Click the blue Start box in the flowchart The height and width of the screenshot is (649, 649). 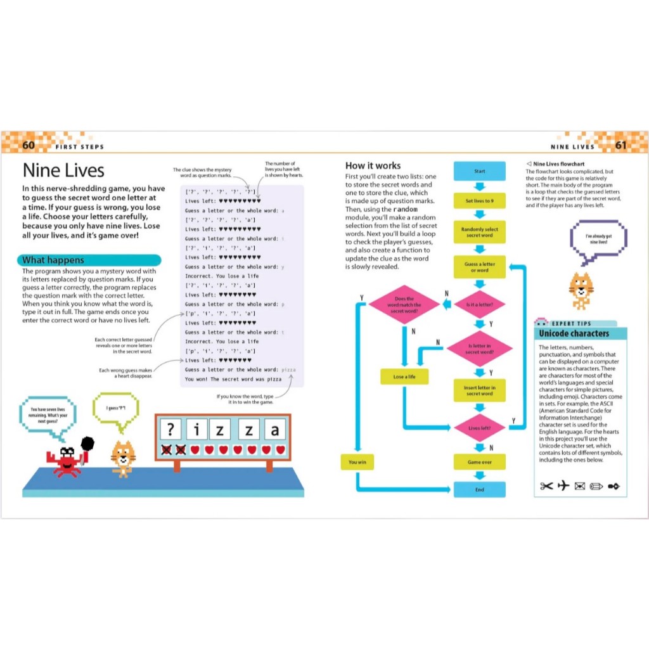coord(479,171)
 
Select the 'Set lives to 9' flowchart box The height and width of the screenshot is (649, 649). coord(479,201)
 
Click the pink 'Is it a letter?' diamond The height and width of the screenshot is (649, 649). coord(479,304)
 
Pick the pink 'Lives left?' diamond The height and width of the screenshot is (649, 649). coord(479,428)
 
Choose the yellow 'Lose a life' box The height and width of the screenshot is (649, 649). coord(403,376)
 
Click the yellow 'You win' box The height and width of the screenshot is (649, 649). coord(357,462)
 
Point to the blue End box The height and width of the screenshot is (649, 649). coord(479,489)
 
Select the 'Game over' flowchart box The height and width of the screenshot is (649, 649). coord(479,462)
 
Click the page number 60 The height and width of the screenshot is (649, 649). coord(29,145)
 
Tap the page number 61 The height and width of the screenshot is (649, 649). coord(620,145)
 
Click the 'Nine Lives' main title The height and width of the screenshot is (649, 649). coord(63,170)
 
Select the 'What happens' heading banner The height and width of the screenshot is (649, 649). coord(89,260)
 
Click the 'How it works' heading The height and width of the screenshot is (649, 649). coord(373,165)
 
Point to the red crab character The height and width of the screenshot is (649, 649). coord(66,460)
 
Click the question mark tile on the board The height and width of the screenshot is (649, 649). coord(169,430)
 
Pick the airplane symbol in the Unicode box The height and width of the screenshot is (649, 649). coord(563,486)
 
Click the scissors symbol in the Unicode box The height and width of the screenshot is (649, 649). coord(546,486)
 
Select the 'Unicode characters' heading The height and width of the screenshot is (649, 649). coord(574,333)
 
